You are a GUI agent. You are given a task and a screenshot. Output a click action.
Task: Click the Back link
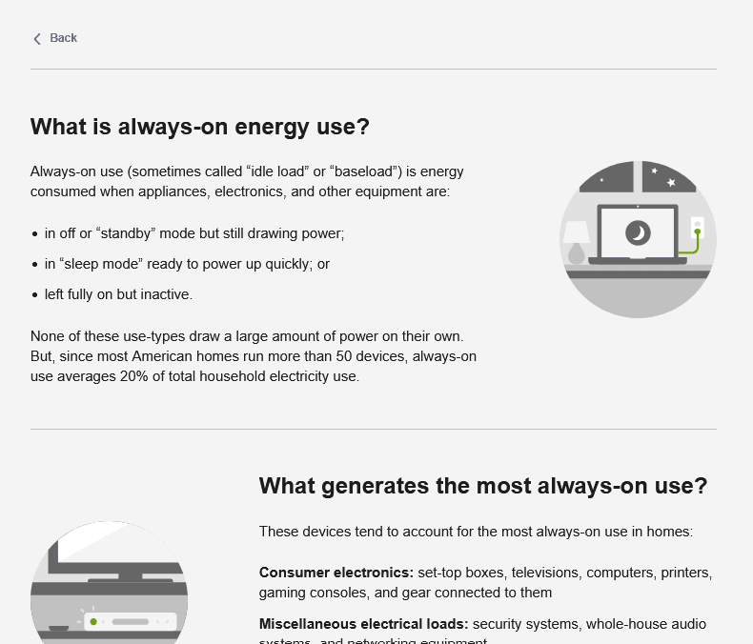click(x=63, y=38)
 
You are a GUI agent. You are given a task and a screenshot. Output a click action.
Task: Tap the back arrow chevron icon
click(x=37, y=39)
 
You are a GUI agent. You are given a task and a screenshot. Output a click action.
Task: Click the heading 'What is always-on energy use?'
click(x=199, y=127)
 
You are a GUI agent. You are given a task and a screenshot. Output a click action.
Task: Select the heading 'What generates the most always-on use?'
click(x=482, y=486)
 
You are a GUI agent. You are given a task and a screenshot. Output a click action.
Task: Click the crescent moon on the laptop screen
click(x=638, y=232)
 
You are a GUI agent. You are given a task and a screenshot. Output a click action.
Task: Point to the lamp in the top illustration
click(x=576, y=241)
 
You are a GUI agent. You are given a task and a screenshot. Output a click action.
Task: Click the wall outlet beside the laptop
click(x=697, y=228)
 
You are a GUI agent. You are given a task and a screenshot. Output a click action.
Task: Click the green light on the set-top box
click(x=93, y=622)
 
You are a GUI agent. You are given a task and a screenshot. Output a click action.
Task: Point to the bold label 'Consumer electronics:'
click(x=336, y=573)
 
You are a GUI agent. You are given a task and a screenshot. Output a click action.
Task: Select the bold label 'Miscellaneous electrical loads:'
click(x=363, y=624)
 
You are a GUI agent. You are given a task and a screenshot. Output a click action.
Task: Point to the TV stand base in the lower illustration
click(x=131, y=579)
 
